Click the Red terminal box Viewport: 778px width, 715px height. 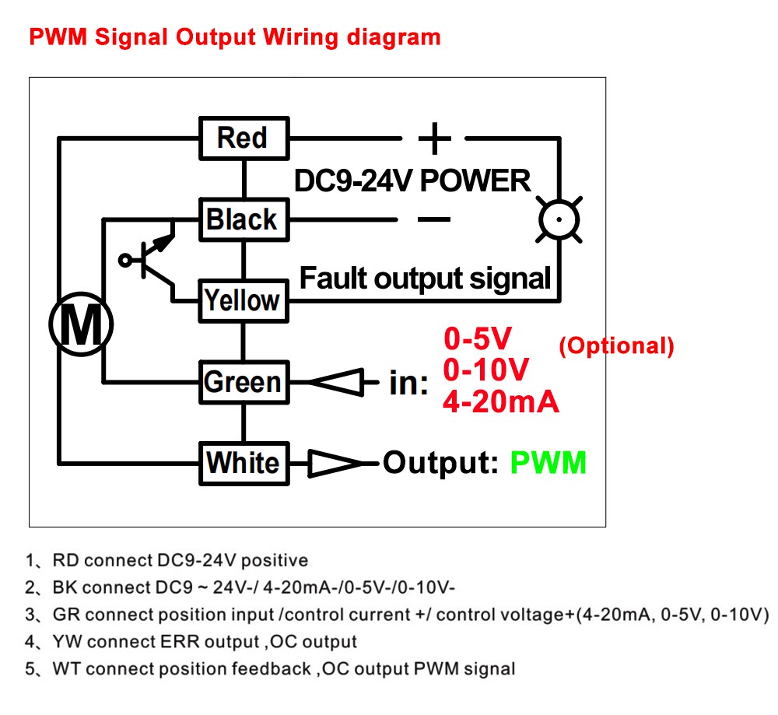(244, 138)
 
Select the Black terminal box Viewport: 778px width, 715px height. (243, 219)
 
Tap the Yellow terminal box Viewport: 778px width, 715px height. (243, 300)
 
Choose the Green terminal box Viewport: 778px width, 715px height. (243, 382)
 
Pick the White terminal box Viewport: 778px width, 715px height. (244, 463)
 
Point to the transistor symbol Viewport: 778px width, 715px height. (152, 259)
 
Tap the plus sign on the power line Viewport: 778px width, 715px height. (434, 139)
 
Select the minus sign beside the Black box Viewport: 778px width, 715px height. (433, 219)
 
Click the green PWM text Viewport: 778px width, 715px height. (548, 463)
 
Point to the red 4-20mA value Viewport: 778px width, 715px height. (500, 401)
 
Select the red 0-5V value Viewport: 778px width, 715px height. (478, 338)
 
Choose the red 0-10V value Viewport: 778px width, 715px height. (486, 370)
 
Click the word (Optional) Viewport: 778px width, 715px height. (616, 346)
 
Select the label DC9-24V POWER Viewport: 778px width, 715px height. (412, 181)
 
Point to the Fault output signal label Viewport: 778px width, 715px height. (425, 278)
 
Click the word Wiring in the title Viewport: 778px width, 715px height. (304, 37)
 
